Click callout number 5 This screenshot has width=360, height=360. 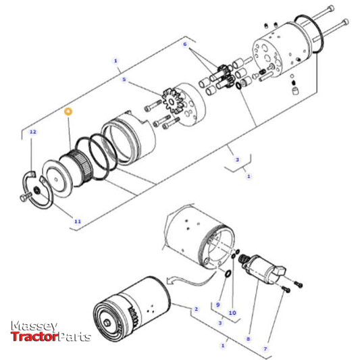[124, 79]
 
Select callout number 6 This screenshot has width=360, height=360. [184, 44]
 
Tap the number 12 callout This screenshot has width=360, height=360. [32, 132]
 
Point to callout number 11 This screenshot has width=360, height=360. [77, 221]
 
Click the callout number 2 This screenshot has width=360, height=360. [196, 309]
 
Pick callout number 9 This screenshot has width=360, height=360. [218, 305]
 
